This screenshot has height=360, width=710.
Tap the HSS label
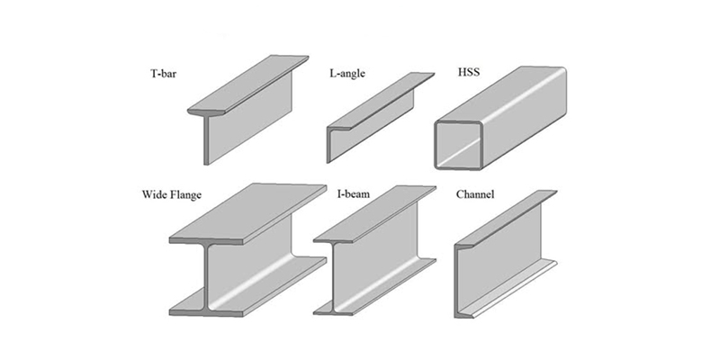[x=445, y=70]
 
